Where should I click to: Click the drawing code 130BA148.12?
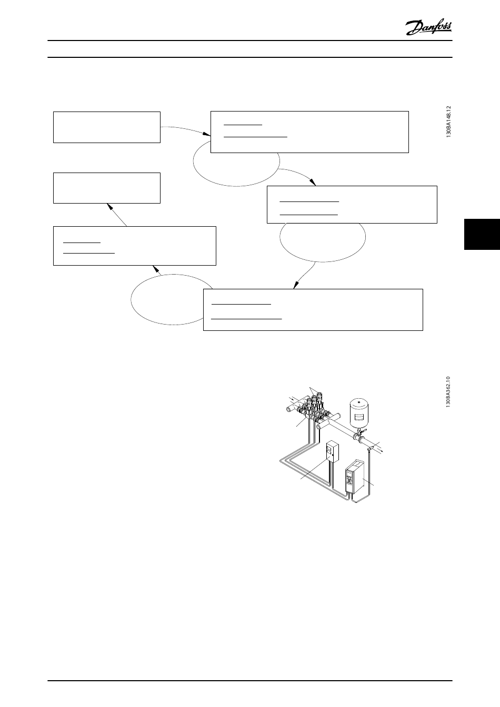(x=448, y=122)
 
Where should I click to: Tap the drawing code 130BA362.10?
(x=448, y=392)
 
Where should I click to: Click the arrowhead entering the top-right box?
(x=208, y=138)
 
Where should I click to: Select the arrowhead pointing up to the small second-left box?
(x=109, y=206)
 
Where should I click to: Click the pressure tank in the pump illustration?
(x=359, y=413)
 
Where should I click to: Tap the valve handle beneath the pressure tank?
(x=361, y=432)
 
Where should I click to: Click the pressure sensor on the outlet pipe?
(x=370, y=448)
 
